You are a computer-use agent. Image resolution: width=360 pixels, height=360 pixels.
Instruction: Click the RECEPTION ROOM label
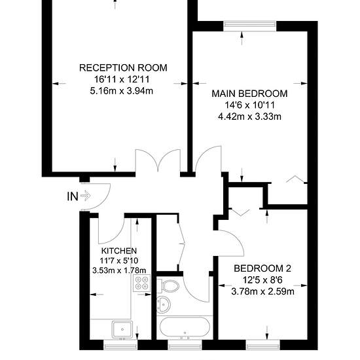123,67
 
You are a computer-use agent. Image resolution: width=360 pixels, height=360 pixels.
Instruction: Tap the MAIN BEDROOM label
249,94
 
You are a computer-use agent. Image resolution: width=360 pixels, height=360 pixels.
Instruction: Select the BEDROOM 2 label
262,268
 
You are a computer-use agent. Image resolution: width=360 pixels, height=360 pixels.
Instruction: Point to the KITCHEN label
119,251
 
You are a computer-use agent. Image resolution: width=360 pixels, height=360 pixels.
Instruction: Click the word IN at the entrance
73,196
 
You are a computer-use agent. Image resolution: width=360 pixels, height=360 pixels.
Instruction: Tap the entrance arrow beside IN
86,196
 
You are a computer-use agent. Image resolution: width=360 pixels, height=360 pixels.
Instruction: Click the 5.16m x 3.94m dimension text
122,91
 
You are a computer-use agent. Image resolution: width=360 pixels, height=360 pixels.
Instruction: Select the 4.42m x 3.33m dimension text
249,117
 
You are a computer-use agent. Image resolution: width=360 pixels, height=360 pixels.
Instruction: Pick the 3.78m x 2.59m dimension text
262,291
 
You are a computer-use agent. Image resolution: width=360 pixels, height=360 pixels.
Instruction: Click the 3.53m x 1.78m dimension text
119,270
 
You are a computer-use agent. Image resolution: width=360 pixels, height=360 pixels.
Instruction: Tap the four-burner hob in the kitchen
141,283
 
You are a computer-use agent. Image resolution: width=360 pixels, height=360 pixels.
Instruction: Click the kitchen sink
122,329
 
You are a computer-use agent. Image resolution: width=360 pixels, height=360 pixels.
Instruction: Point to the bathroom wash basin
163,304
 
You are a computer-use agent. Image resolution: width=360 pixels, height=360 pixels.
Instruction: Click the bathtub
185,329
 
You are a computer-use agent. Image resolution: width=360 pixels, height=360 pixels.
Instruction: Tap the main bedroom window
250,26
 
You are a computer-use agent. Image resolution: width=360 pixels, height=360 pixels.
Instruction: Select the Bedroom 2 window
263,345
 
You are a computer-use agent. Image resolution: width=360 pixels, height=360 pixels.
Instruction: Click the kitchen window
120,345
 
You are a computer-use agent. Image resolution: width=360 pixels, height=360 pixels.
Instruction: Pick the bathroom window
185,345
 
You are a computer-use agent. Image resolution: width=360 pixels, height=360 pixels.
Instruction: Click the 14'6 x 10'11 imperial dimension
249,105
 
